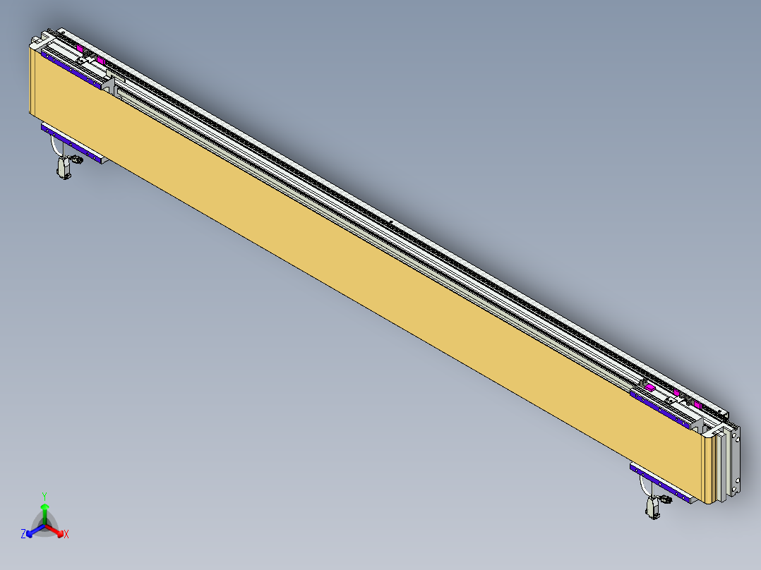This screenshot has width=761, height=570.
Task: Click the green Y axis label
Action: [x=44, y=496]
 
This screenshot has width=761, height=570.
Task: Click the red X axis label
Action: [x=66, y=535]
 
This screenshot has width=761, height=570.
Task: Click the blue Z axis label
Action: [x=23, y=535]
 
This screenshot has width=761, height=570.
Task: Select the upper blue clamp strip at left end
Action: [x=71, y=67]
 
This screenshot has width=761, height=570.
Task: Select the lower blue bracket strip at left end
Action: [x=71, y=143]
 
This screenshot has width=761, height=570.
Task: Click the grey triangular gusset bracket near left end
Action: [x=109, y=85]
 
